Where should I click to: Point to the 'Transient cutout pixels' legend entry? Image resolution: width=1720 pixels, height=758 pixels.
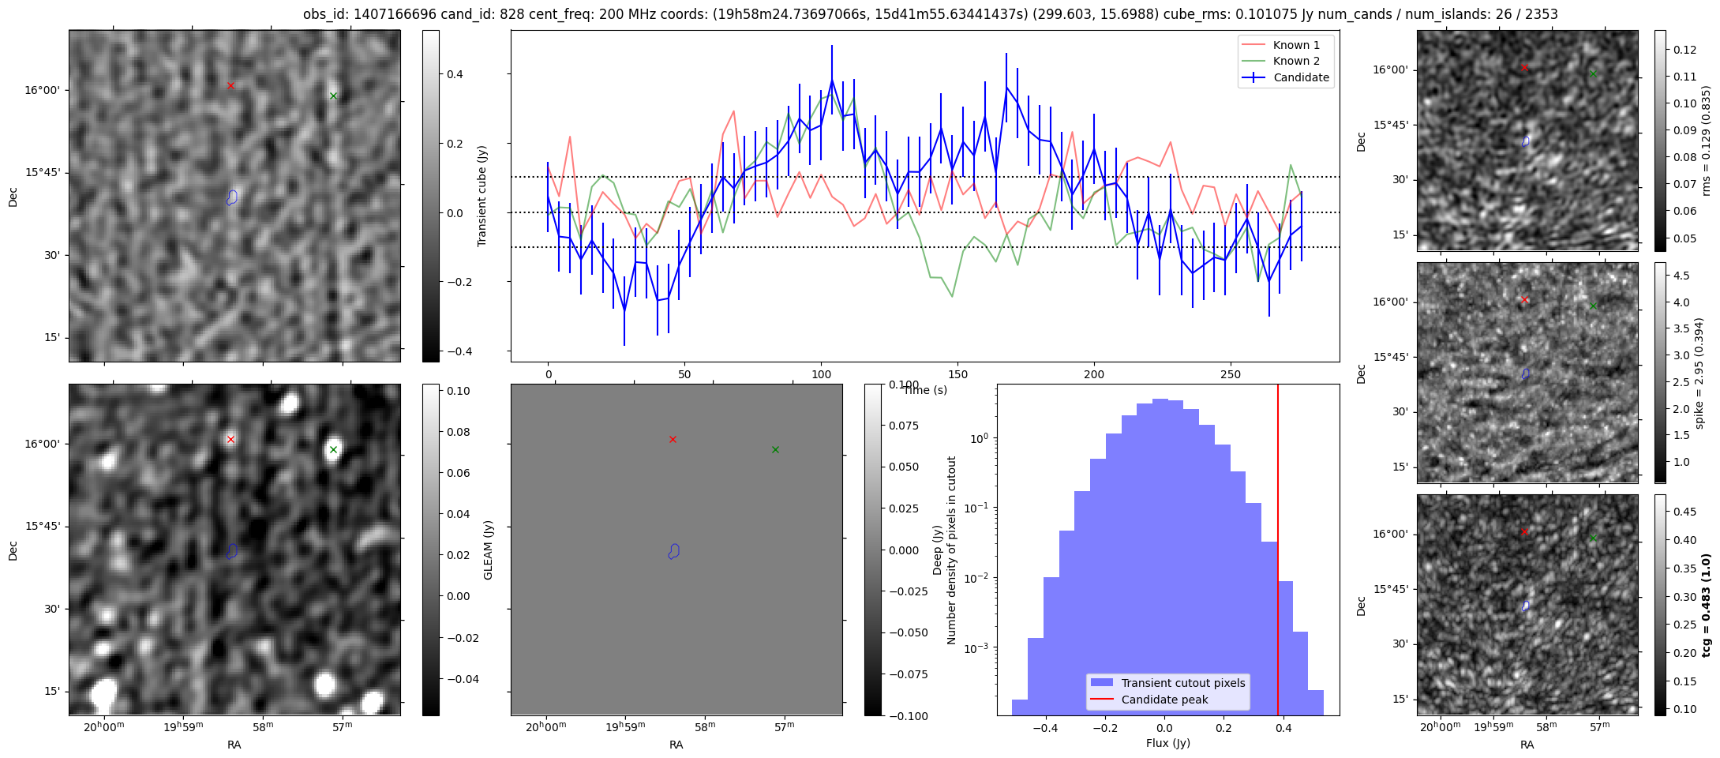[1182, 683]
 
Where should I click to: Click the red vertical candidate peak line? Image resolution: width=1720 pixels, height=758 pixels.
[1278, 553]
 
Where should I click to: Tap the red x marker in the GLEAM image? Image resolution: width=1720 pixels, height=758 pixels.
[230, 439]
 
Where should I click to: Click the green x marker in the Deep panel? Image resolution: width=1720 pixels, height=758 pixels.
[775, 449]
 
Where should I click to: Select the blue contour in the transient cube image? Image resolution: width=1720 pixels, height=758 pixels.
[232, 197]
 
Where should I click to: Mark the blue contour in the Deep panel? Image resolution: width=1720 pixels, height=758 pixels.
[674, 551]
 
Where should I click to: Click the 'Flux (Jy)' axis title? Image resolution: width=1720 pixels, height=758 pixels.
[1167, 743]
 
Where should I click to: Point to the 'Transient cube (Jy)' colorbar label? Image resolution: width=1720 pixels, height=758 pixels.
[482, 196]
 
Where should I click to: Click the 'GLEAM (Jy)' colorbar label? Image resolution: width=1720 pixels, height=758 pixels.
[488, 550]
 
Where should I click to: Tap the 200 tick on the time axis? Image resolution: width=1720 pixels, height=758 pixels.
[1094, 374]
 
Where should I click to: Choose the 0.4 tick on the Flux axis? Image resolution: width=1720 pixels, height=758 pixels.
[1283, 728]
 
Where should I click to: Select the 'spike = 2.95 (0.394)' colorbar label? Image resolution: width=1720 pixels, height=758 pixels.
[1700, 373]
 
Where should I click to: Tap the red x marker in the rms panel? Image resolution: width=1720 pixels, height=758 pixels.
[1524, 67]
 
